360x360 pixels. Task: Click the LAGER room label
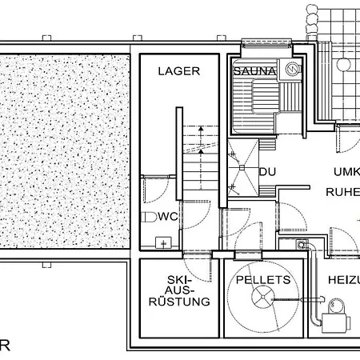[178, 71]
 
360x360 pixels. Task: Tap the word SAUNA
[254, 71]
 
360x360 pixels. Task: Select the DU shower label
[267, 171]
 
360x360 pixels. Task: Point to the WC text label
[167, 217]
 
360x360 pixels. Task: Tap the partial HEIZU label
[342, 280]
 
